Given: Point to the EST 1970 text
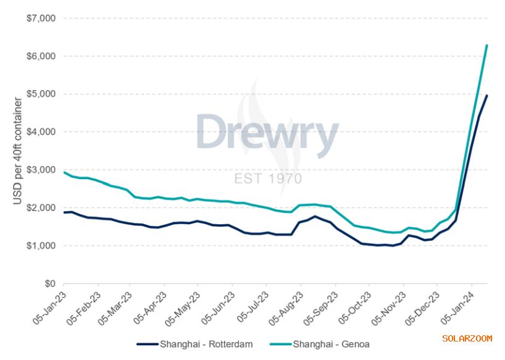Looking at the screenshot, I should (x=268, y=179).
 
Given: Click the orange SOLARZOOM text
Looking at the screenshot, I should (x=467, y=338).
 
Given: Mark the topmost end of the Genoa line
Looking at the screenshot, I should (x=487, y=45).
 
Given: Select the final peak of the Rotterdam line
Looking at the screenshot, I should (x=487, y=95).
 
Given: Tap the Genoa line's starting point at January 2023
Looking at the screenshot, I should (x=64, y=172).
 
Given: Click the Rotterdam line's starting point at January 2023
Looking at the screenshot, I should (x=64, y=212).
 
